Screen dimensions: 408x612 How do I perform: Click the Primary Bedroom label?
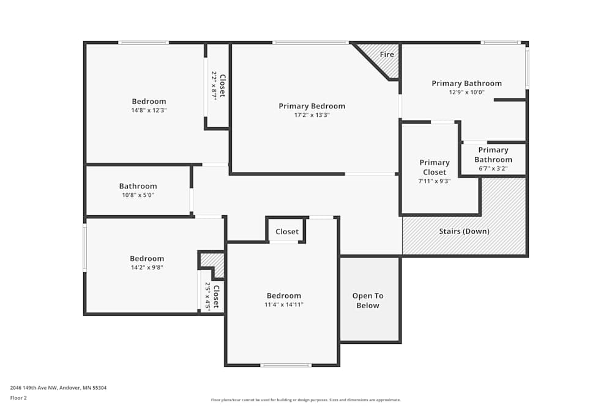coord(312,106)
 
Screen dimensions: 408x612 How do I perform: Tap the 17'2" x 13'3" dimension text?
coord(312,115)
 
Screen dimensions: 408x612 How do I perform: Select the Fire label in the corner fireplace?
coord(387,54)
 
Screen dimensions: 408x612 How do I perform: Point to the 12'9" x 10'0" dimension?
coord(466,92)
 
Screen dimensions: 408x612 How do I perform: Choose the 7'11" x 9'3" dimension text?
coord(435,181)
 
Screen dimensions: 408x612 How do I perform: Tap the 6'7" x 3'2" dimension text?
coord(493,169)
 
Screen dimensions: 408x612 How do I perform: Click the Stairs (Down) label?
coord(464,231)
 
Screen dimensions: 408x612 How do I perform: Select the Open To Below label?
coord(367,300)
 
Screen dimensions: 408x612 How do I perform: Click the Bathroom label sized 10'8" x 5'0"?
coord(138,186)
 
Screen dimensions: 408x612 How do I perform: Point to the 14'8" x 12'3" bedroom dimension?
coord(149,111)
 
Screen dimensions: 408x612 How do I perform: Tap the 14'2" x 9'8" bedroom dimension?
coord(147,267)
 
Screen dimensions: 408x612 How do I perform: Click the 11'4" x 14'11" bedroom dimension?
coord(283,305)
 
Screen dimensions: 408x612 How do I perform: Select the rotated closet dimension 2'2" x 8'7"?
coord(214,86)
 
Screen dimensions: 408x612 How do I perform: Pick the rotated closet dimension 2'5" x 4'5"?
coord(208,297)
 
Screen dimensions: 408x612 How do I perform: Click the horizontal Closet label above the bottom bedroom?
coord(287,231)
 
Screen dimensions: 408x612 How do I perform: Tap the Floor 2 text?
coord(18,398)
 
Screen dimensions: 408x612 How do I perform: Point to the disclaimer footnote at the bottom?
coord(306,400)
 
